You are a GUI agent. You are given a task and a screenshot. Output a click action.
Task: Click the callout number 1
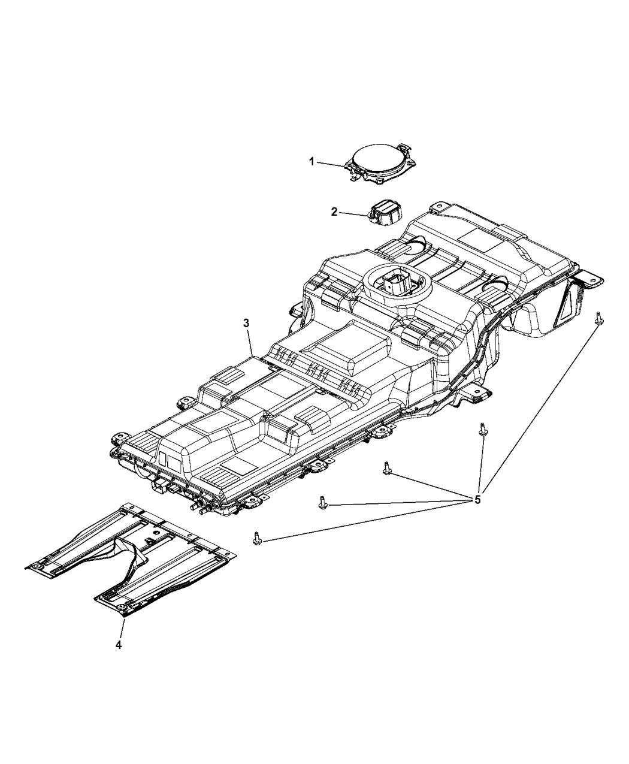312,161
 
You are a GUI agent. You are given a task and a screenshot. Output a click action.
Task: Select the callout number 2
335,212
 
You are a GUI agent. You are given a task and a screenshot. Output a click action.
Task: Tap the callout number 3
246,323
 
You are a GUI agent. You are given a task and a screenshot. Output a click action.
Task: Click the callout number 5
477,499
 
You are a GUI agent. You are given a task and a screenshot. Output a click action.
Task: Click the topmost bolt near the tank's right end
598,318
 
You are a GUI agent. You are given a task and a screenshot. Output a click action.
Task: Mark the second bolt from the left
323,502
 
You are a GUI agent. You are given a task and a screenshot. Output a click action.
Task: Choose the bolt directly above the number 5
482,430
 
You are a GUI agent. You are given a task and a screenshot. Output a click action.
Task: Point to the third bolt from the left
387,469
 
